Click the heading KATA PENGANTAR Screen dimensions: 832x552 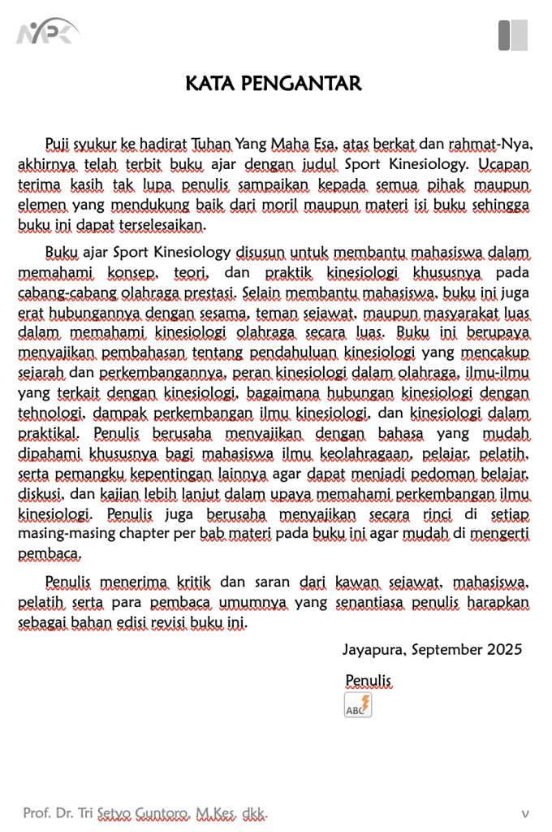pos(274,84)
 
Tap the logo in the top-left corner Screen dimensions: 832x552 pos(47,33)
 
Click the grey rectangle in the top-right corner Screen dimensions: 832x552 pos(512,35)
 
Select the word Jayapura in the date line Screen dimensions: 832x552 pos(374,649)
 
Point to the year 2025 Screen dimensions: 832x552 pos(504,649)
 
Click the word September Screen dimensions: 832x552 pos(447,649)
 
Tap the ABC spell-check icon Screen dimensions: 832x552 pos(358,704)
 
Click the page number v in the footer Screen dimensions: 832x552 pos(525,812)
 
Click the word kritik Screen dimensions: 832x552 pos(193,582)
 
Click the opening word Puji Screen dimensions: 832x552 pos(57,145)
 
